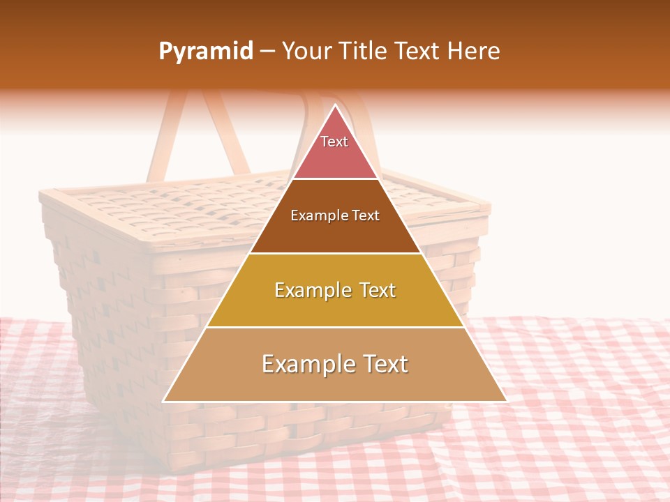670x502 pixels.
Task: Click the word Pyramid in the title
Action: tap(205, 52)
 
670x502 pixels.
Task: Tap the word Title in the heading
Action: tap(362, 52)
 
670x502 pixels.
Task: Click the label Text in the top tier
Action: tap(334, 142)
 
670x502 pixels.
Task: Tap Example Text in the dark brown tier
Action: tap(335, 215)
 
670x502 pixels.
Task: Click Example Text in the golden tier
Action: tap(335, 290)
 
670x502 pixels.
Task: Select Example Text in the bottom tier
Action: tap(335, 364)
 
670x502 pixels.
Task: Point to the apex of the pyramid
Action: tap(336, 106)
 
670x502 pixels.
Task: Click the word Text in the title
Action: tap(416, 52)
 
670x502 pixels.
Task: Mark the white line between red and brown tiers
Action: tap(335, 179)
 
